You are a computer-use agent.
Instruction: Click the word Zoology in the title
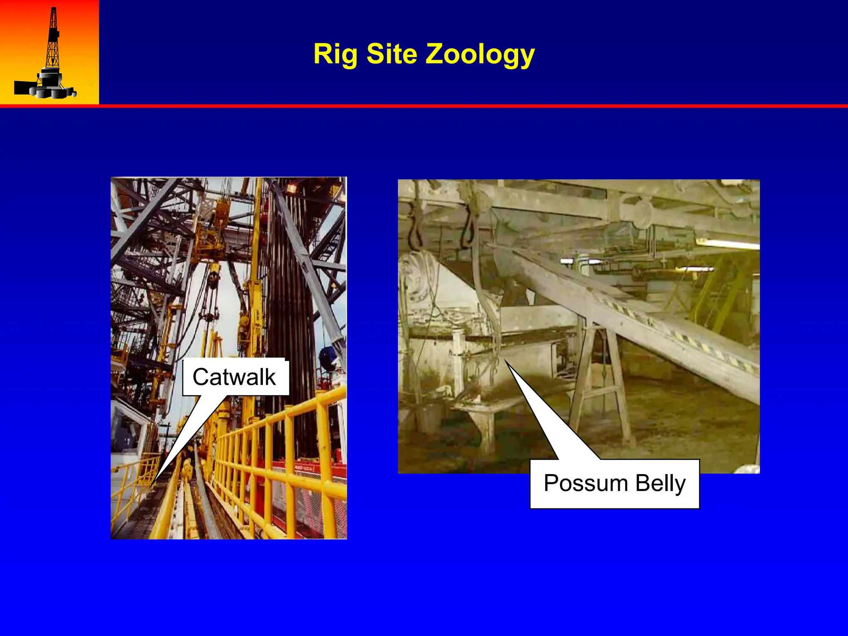click(x=480, y=54)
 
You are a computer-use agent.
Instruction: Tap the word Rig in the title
click(x=336, y=54)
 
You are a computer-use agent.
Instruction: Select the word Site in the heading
click(x=391, y=54)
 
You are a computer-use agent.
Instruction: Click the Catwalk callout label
click(x=234, y=377)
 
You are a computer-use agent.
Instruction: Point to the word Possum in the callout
click(x=585, y=483)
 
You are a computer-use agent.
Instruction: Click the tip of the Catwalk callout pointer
click(x=150, y=487)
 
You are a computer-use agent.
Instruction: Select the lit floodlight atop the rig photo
click(x=292, y=189)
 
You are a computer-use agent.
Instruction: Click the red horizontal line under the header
click(x=424, y=106)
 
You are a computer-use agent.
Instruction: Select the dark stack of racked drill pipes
click(x=290, y=290)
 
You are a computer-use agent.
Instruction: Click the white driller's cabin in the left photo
click(x=128, y=431)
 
